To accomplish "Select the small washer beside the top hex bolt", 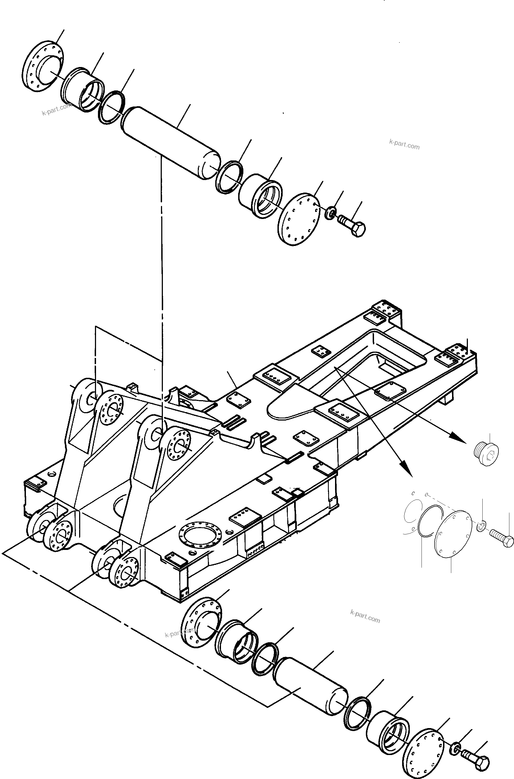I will [x=330, y=214].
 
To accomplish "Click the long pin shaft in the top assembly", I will [x=171, y=143].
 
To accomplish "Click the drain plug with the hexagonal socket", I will [x=486, y=453].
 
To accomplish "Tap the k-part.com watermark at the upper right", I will [x=404, y=144].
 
